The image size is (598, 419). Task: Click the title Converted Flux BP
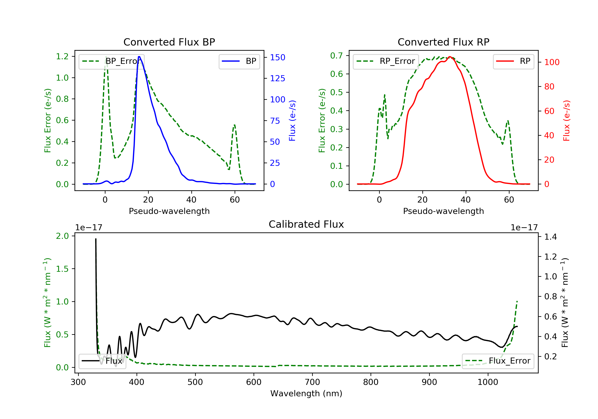click(x=169, y=42)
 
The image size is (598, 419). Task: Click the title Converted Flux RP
click(x=443, y=42)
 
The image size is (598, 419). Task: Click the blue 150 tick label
click(x=277, y=57)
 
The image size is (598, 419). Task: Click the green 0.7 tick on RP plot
click(x=336, y=55)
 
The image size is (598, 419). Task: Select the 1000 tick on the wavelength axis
click(x=488, y=382)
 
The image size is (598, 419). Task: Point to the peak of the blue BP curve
click(x=139, y=57)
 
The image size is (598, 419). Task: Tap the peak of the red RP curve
click(x=450, y=57)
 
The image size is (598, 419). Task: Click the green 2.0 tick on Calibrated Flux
click(x=62, y=236)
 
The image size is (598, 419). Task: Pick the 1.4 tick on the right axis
click(x=550, y=237)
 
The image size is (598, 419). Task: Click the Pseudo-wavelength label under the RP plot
click(x=443, y=211)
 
